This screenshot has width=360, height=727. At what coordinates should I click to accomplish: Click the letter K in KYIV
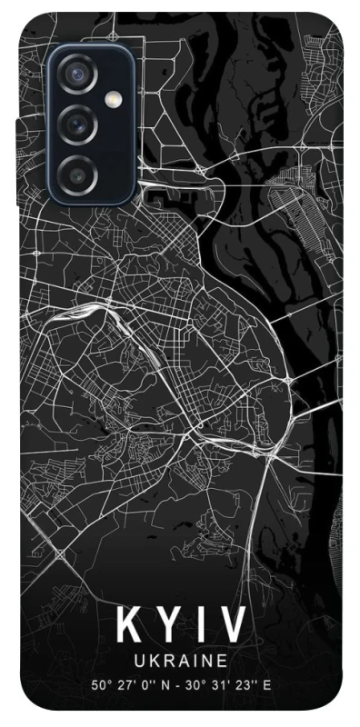(x=128, y=628)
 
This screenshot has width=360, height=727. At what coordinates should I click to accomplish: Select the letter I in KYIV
(x=199, y=628)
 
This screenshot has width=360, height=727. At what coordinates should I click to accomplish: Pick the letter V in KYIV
(x=232, y=628)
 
